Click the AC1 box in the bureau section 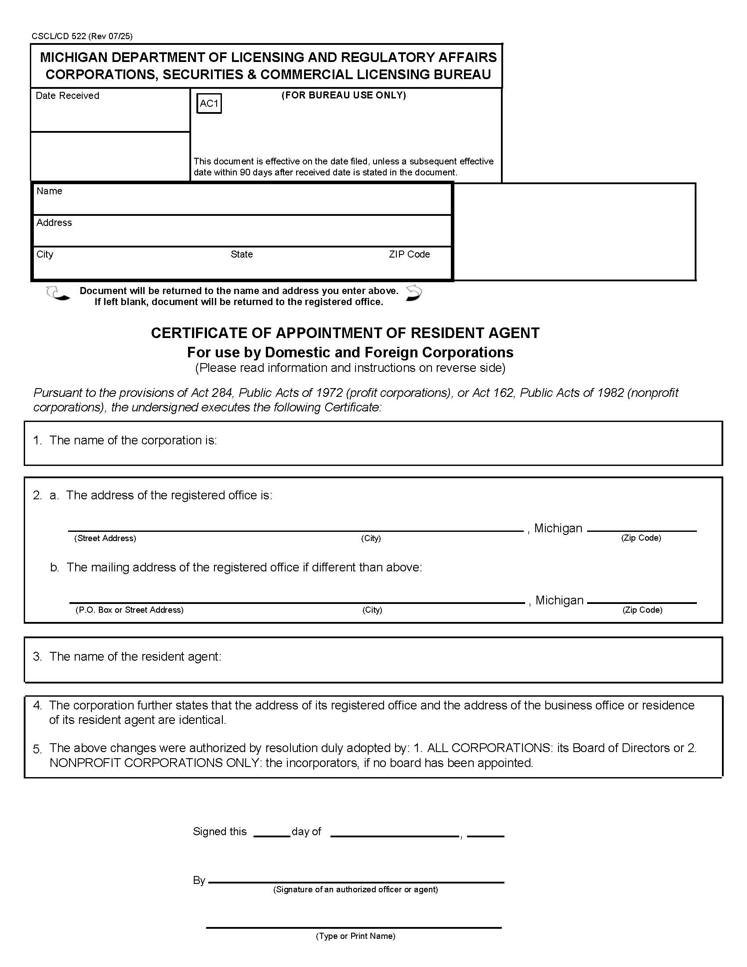(x=209, y=104)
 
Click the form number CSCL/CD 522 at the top (x=58, y=36)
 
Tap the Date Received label (x=67, y=96)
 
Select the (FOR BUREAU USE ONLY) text (x=344, y=95)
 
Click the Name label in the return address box (x=49, y=191)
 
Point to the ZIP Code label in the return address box (x=409, y=254)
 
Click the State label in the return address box (x=241, y=254)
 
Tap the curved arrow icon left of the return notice (x=58, y=293)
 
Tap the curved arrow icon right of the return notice (x=414, y=293)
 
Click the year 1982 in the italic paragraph (x=610, y=393)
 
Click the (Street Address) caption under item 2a (x=105, y=538)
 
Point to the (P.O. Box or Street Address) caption (x=129, y=610)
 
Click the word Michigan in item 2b (x=559, y=600)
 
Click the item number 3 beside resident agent (x=37, y=656)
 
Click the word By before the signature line (x=199, y=880)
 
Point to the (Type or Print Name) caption (x=355, y=935)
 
